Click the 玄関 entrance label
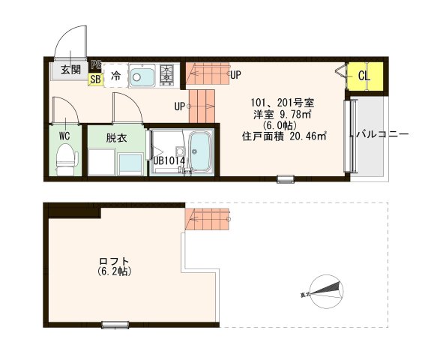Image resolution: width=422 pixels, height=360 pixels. click(x=70, y=70)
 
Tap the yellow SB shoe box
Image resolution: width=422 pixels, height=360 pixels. click(x=95, y=77)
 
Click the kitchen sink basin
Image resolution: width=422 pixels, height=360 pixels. click(x=142, y=75)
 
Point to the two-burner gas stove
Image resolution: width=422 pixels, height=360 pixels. click(x=166, y=74)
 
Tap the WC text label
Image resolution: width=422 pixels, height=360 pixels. click(x=65, y=136)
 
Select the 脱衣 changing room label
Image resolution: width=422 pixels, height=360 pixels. click(x=115, y=138)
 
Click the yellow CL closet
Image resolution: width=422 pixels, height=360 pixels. click(x=364, y=76)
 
